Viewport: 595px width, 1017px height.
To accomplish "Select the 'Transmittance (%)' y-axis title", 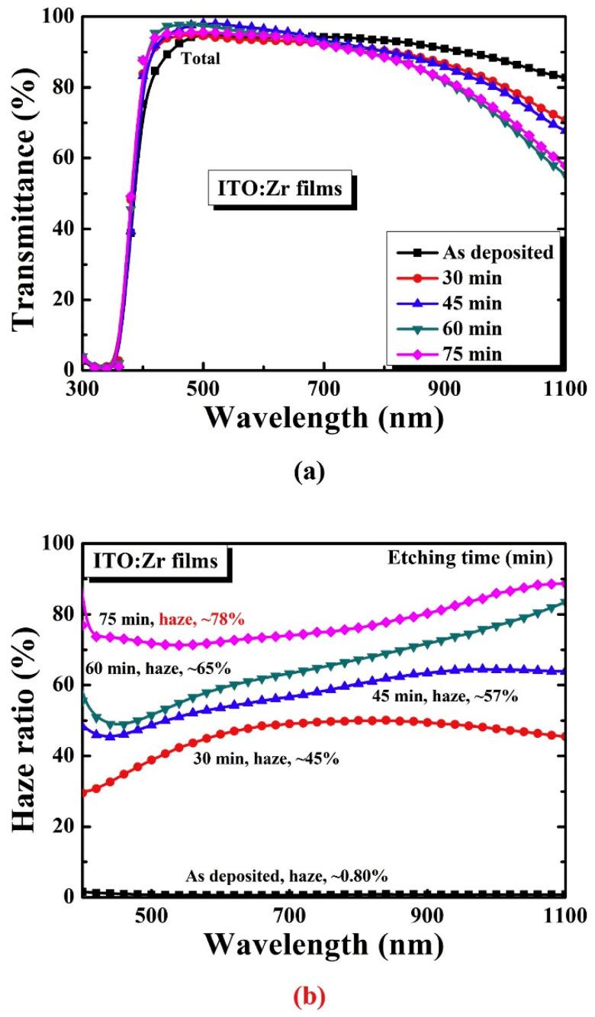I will (28, 191).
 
